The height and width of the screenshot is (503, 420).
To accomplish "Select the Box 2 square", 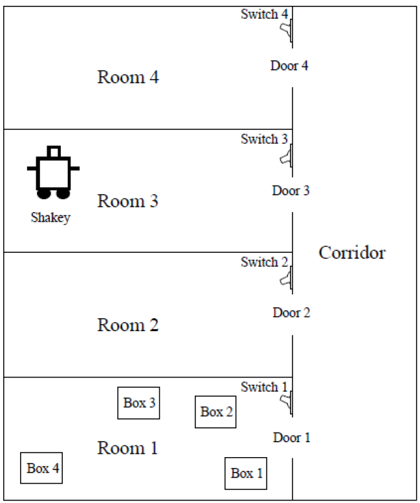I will click(216, 412).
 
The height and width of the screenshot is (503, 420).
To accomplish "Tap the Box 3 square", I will click(139, 403).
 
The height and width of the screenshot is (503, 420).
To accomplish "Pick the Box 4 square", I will click(43, 468).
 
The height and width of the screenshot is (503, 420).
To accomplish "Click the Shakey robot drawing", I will click(53, 172).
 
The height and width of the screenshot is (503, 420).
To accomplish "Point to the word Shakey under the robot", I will click(50, 217).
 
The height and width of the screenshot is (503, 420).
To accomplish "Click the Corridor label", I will click(352, 253).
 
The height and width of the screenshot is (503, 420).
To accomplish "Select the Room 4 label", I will click(128, 78).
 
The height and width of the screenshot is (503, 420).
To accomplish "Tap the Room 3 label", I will click(128, 200).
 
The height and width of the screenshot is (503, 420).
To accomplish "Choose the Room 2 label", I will click(128, 325).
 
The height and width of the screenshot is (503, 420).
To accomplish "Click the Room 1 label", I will click(128, 447).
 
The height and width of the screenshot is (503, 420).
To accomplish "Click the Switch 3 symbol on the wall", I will click(286, 155).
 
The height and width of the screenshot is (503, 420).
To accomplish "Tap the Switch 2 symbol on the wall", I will click(286, 279).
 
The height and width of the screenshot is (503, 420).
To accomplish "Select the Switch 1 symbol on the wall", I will click(286, 402).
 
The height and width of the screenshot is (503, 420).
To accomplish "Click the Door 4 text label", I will click(289, 66).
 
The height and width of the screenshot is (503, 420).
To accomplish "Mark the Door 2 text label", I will click(291, 314).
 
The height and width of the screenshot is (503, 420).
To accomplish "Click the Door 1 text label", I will click(291, 438).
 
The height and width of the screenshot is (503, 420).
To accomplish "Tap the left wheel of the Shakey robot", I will click(44, 193).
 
